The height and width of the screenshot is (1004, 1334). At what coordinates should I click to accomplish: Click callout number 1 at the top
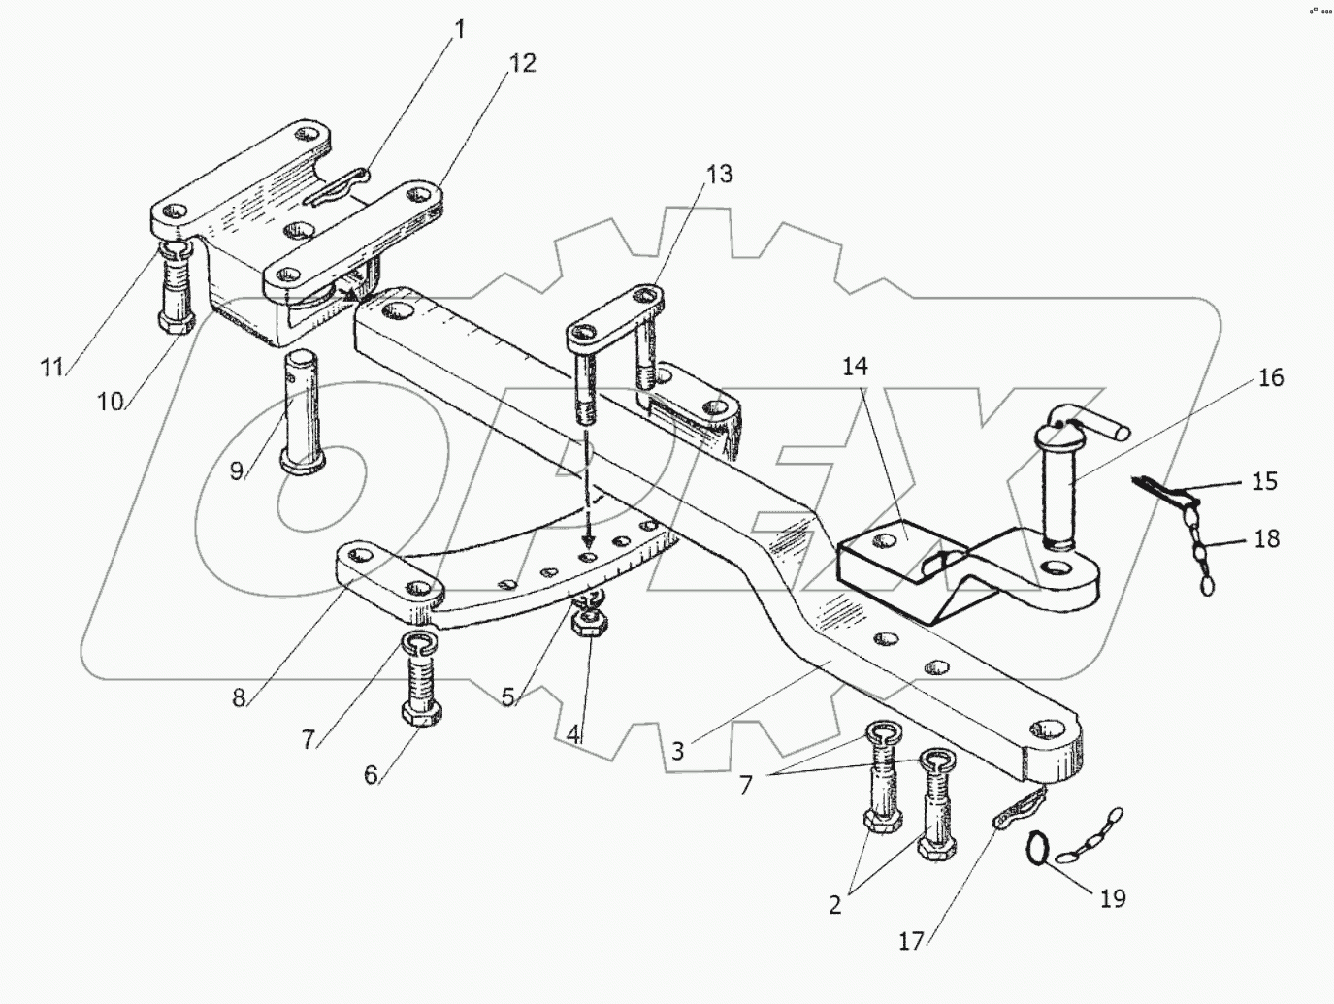click(x=460, y=29)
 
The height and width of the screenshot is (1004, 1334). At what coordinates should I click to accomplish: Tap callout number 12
click(x=522, y=63)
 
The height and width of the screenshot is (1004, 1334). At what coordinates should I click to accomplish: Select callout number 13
click(x=719, y=175)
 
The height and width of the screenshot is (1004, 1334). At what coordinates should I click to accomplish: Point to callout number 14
click(x=855, y=367)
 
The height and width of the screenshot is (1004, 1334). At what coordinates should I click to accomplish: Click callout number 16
click(x=1270, y=377)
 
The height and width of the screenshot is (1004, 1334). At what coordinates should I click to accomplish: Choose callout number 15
click(x=1265, y=482)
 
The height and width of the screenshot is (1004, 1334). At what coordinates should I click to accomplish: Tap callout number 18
click(x=1266, y=538)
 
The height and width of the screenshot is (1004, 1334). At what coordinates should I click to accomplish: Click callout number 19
click(x=1113, y=897)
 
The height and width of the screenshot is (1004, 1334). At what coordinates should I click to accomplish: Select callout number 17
click(x=911, y=942)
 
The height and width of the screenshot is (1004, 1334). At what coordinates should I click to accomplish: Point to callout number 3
click(x=677, y=752)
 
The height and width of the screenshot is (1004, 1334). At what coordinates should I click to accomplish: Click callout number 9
click(x=237, y=470)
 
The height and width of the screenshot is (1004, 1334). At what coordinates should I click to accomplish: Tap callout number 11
click(x=51, y=367)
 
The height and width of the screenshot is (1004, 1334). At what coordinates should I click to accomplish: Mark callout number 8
click(x=239, y=697)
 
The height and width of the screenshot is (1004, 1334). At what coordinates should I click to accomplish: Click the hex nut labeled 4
click(x=589, y=624)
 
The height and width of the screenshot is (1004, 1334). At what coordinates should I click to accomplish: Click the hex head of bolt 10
click(x=177, y=321)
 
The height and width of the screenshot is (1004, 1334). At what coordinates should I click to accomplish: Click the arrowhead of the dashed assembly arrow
click(x=586, y=538)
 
